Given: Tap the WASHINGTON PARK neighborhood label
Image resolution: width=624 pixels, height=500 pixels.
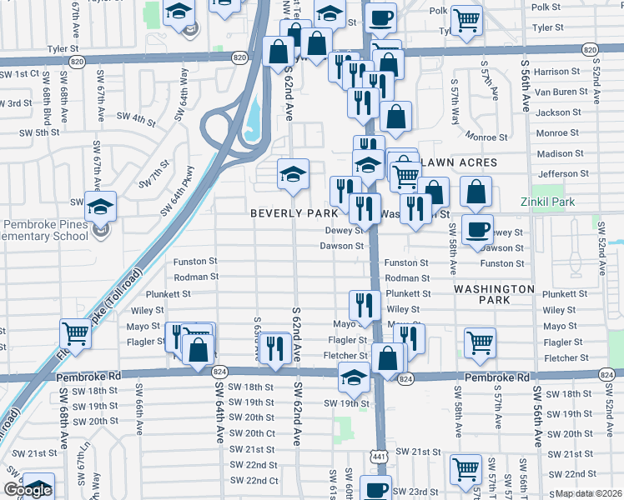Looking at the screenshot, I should [494, 296].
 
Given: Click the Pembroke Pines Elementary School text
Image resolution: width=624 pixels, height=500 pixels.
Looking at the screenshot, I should [46, 230].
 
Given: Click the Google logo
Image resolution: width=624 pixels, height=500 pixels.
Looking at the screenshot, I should [28, 490].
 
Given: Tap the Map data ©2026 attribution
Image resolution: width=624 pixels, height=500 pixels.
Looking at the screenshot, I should [589, 493].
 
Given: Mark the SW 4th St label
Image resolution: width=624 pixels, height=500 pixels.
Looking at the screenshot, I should [136, 119].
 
